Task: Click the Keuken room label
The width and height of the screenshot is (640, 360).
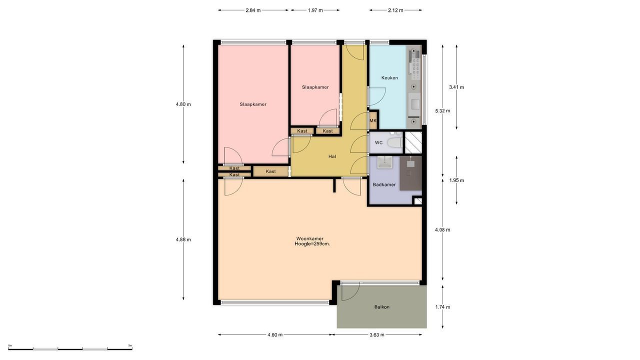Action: [389, 78]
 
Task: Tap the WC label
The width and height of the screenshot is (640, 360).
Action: [378, 143]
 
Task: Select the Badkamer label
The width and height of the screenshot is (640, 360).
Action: [384, 185]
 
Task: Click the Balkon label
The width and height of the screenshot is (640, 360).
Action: [381, 307]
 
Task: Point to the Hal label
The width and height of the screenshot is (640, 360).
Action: [332, 156]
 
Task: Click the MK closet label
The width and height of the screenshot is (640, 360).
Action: [372, 121]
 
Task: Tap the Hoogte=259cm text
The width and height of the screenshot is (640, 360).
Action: [312, 244]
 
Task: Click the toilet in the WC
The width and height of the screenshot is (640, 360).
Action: [395, 142]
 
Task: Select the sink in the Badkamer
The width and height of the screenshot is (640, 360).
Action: [384, 162]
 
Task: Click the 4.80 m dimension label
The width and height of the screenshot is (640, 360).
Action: [183, 104]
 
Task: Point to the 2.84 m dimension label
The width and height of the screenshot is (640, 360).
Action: [253, 10]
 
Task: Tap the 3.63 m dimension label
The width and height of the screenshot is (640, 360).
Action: [376, 335]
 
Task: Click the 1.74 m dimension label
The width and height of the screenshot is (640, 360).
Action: [442, 307]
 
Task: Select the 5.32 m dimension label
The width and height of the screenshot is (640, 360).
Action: [442, 111]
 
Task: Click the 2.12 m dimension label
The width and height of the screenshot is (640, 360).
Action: [395, 10]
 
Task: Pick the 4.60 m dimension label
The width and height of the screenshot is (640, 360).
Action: [275, 335]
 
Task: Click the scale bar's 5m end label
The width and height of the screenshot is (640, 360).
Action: [130, 345]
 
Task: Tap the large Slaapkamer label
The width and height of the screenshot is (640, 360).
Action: [253, 104]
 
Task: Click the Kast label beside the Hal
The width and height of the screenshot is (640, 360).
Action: [270, 171]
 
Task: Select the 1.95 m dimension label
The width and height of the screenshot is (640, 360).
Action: [456, 180]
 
